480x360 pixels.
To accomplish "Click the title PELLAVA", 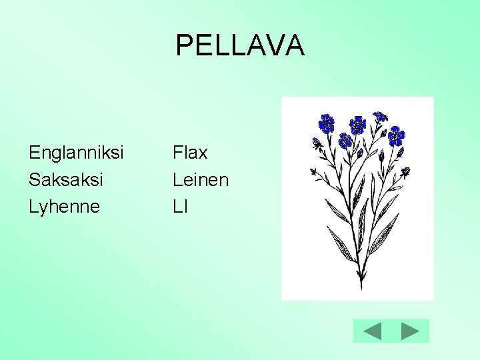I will point(240,45).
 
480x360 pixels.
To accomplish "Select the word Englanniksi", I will point(76,153).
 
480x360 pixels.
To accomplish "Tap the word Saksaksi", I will point(66,180).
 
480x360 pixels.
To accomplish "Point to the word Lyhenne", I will point(64,207).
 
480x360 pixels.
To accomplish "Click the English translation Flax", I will point(190,153).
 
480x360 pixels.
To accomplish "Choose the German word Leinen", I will point(200,180).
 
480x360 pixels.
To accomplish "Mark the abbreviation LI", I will point(180,207).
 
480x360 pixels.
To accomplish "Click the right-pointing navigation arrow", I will point(410,331).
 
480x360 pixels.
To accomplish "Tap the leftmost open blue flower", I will point(326,123).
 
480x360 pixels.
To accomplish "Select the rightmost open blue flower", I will point(397,136).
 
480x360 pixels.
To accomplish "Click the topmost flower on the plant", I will point(380,116).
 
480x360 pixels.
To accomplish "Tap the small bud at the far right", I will point(405,172).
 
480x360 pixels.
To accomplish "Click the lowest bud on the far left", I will point(314,172).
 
